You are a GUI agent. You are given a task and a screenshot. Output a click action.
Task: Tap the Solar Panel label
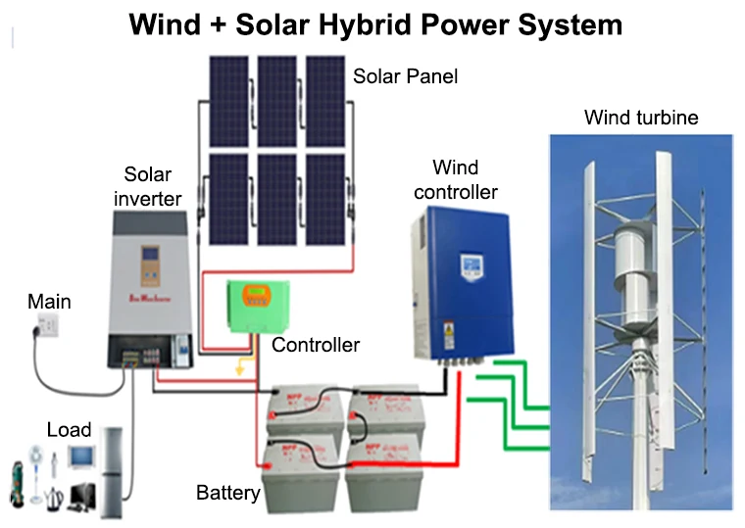(x=405, y=75)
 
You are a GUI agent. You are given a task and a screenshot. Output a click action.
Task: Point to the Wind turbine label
(x=641, y=118)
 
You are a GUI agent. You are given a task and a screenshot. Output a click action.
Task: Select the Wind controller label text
(x=456, y=180)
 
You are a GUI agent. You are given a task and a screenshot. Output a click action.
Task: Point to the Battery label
(x=227, y=492)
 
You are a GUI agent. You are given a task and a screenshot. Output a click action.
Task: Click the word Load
(x=69, y=429)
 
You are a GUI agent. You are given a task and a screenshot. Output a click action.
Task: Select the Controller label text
(x=316, y=345)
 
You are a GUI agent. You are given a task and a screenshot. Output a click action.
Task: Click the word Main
(x=49, y=301)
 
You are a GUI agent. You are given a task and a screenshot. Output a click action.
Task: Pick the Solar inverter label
(x=148, y=186)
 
